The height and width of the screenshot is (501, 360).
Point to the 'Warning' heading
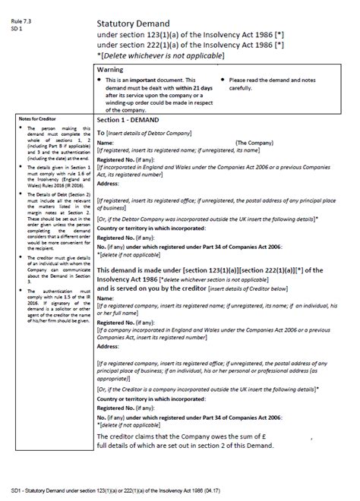point(111,69)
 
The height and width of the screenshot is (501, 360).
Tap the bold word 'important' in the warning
point(141,80)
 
